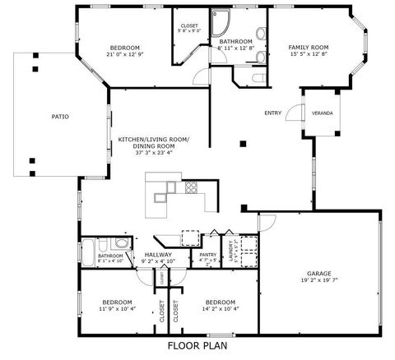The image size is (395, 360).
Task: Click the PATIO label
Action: [59, 117]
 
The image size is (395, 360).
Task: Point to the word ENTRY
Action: [272, 113]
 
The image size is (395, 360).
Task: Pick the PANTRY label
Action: [208, 256]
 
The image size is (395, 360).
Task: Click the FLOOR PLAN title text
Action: [197, 346]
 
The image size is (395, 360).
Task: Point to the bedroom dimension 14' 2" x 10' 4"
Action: [221, 308]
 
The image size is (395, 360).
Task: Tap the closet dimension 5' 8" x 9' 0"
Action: [188, 32]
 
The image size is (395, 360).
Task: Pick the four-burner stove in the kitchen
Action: [191, 187]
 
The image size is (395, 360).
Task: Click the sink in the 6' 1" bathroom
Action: [120, 244]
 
